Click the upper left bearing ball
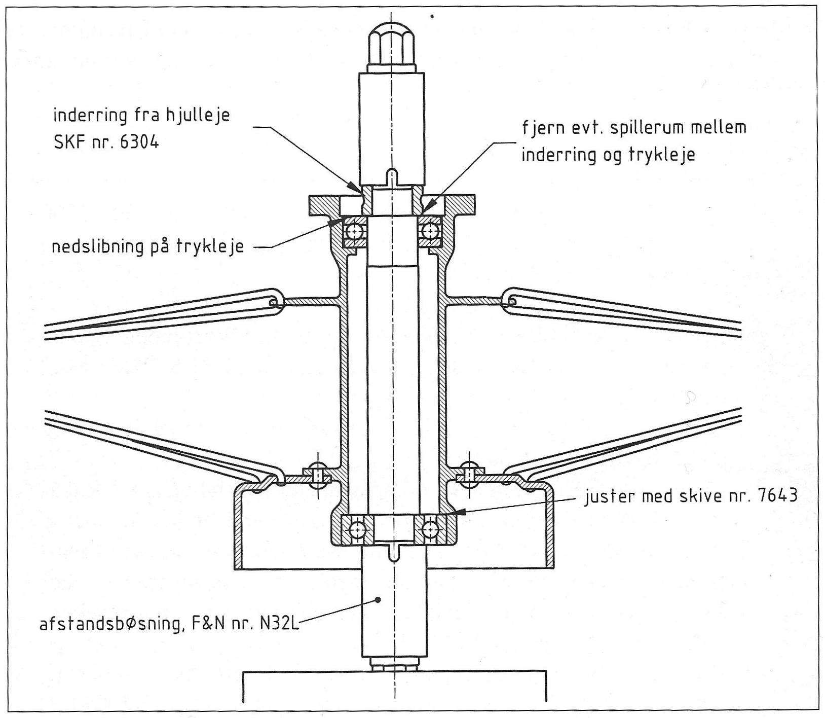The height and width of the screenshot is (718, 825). pos(354,231)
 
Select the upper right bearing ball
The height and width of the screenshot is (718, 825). pos(431,231)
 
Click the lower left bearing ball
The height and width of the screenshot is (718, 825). pos(356,530)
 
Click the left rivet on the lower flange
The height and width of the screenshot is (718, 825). pos(317,476)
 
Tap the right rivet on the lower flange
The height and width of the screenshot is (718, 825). pos(469,476)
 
